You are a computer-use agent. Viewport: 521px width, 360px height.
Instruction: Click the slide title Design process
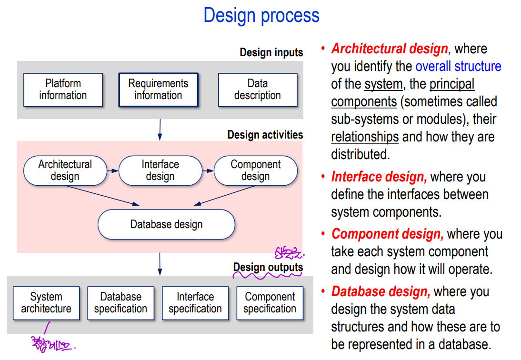click(261, 15)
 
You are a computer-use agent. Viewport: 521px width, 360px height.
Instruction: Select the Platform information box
click(63, 90)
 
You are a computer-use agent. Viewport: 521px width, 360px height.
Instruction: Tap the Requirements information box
click(158, 90)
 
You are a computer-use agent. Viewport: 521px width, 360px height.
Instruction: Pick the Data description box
click(257, 90)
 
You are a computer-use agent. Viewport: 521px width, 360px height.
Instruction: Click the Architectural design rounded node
click(65, 170)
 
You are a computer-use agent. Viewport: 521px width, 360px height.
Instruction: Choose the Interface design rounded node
click(160, 170)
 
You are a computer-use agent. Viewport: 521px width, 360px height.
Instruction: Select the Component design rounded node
click(256, 170)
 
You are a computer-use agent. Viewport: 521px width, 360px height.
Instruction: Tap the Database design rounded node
click(166, 224)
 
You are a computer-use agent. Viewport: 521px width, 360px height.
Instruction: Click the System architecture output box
click(46, 303)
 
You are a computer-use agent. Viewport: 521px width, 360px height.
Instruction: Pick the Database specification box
click(120, 303)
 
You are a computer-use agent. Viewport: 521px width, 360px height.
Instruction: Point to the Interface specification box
click(195, 303)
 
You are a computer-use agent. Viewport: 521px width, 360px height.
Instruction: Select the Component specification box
click(270, 303)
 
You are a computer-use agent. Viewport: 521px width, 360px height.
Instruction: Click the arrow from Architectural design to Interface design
click(112, 170)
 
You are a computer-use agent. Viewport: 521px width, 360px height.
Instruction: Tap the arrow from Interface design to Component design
click(208, 170)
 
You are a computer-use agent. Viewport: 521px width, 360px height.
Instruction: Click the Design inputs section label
click(271, 52)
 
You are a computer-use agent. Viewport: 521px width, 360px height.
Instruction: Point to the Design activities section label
click(265, 135)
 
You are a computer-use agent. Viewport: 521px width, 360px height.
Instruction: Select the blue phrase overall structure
click(458, 66)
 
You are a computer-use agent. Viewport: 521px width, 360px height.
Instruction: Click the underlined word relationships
click(365, 137)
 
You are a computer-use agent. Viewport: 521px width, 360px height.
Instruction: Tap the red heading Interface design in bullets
click(379, 177)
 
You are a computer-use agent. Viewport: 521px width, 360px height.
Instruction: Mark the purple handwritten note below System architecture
click(52, 344)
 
